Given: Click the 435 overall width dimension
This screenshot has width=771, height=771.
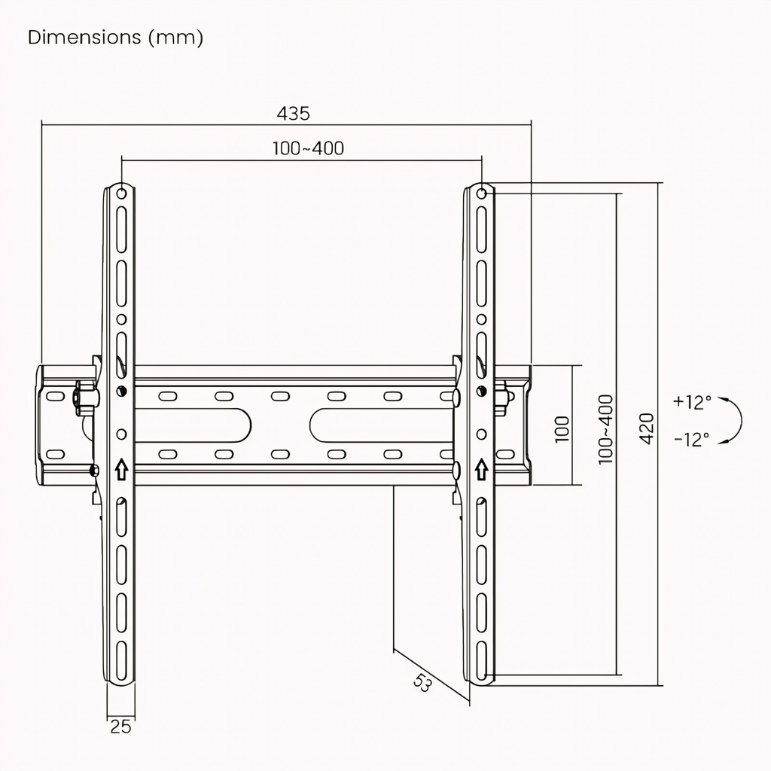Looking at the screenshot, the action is pos(293,114).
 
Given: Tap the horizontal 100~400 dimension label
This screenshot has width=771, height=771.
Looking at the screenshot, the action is pos(308,148).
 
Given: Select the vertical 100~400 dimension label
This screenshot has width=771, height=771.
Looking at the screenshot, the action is pos(606,429).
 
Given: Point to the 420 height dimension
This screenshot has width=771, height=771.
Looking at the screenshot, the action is pos(647,428).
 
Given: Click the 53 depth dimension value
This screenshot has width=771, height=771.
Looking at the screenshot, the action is pos(422,683).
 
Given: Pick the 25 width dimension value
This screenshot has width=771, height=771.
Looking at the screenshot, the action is pos(120,727).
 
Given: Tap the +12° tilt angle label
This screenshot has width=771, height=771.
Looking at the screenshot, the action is pos(692,402).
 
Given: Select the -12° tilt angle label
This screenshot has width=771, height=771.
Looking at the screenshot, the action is pos(691,439).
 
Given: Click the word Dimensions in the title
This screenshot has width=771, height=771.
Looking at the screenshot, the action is pos(84,38).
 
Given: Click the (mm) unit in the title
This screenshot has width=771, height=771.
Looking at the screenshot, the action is pos(175,38).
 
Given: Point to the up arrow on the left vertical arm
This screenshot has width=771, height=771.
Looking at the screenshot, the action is pos(121,470).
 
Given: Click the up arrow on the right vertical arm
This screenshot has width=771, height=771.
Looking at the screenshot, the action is pos(481,470).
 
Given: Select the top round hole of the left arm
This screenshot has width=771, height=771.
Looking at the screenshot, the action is pos(121,194).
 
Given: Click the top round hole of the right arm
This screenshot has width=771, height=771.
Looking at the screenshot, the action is pos(482,194).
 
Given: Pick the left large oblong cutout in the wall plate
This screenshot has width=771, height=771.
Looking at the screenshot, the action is pos(193,425).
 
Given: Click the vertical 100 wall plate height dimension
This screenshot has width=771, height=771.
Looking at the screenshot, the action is pos(562,428).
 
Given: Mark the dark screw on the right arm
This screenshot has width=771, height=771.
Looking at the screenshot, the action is pos(482,392).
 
